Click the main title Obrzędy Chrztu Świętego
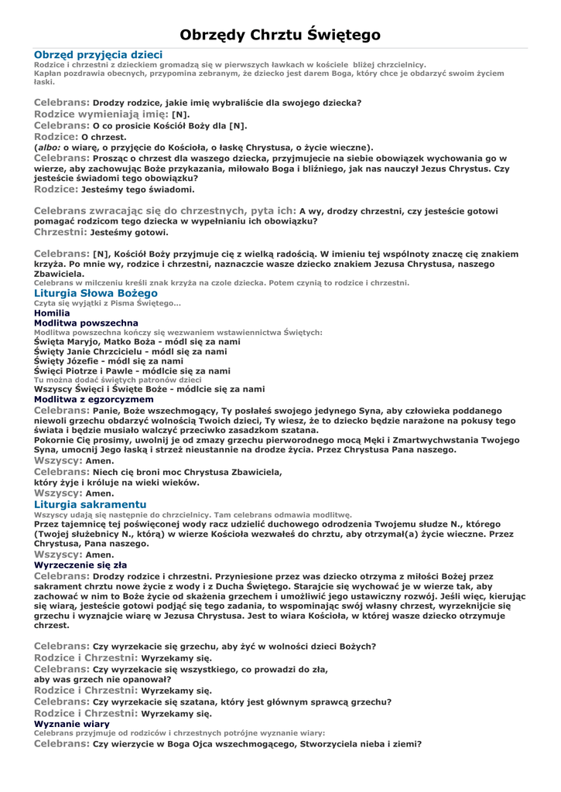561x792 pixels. coord(280,35)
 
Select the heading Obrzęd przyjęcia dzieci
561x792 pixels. coord(98,55)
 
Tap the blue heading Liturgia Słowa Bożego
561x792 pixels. coord(96,293)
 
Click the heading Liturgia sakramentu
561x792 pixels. coord(90,504)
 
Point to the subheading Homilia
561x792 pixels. coord(53,312)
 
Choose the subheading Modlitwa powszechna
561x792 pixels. coord(87,323)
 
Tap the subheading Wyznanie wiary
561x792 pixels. coord(73,724)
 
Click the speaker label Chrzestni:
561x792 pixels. coord(60,232)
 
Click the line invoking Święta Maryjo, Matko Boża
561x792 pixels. coord(138,341)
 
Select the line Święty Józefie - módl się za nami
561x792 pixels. coord(109,360)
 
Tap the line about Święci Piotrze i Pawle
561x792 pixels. coord(132,370)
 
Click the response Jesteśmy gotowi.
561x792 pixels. coord(128,232)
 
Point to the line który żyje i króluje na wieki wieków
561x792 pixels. coord(117,483)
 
